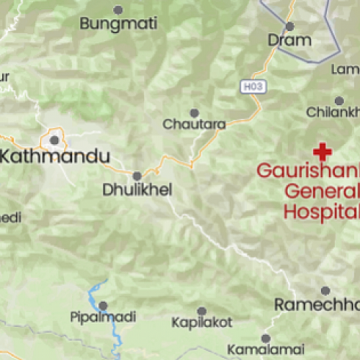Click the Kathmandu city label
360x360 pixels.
coord(58,156)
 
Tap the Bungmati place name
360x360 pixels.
coord(118,24)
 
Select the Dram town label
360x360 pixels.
coord(289,40)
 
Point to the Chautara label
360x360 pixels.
coord(194,125)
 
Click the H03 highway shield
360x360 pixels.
coord(249,86)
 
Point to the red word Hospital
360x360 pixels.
coord(321,211)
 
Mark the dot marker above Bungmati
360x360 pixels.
coord(118,9)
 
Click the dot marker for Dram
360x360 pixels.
coord(290,26)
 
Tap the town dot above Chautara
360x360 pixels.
coord(194,112)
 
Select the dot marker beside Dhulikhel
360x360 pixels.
coord(137,176)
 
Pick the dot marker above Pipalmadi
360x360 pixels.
coord(102,305)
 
